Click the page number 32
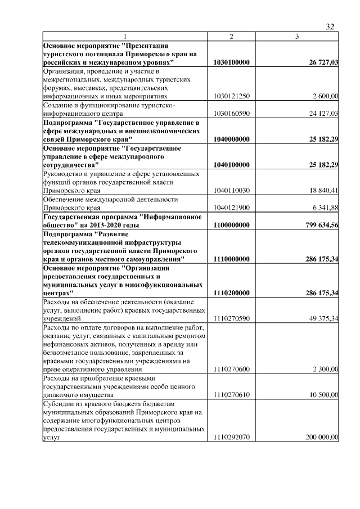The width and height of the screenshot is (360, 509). pyautogui.click(x=330, y=26)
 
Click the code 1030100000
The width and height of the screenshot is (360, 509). pyautogui.click(x=232, y=62)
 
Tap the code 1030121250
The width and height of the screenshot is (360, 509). pyautogui.click(x=232, y=96)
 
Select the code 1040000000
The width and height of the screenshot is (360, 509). pyautogui.click(x=232, y=138)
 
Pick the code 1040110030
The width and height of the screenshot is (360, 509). pyautogui.click(x=232, y=190)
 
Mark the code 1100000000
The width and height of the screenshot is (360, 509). pyautogui.click(x=232, y=225)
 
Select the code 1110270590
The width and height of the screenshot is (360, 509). pyautogui.click(x=232, y=319)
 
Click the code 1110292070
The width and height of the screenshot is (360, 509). pyautogui.click(x=232, y=437)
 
